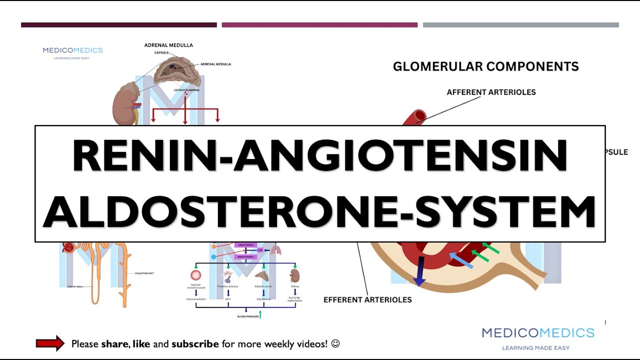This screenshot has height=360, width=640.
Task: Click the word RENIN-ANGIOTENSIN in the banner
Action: pyautogui.click(x=320, y=156)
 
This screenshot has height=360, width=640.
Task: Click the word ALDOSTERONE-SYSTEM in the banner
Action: pyautogui.click(x=320, y=211)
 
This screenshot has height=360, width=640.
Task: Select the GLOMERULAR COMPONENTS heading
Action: pyautogui.click(x=485, y=66)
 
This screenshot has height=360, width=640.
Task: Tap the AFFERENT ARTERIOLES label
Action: pyautogui.click(x=491, y=92)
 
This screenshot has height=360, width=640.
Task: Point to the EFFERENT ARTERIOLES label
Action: pyautogui.click(x=367, y=300)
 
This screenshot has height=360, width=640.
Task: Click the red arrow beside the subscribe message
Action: pyautogui.click(x=50, y=343)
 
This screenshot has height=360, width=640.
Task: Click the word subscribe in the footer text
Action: pyautogui.click(x=195, y=344)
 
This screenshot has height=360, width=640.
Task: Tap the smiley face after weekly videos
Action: pyautogui.click(x=335, y=343)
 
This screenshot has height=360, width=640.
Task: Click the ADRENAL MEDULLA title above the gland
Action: pyautogui.click(x=168, y=45)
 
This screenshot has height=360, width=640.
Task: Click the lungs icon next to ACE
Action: pyautogui.click(x=275, y=250)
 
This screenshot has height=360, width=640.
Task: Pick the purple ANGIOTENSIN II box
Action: pyautogui.click(x=245, y=257)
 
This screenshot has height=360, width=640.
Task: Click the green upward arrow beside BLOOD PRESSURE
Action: pyautogui.click(x=260, y=314)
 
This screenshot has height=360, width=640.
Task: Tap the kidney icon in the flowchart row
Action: pyautogui.click(x=294, y=275)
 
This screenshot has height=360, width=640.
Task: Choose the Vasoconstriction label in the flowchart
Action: pyautogui.click(x=195, y=299)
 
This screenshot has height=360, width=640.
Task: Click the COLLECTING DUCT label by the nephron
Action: pyautogui.click(x=144, y=273)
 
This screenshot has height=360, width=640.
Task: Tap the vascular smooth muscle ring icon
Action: pyautogui.click(x=195, y=275)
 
